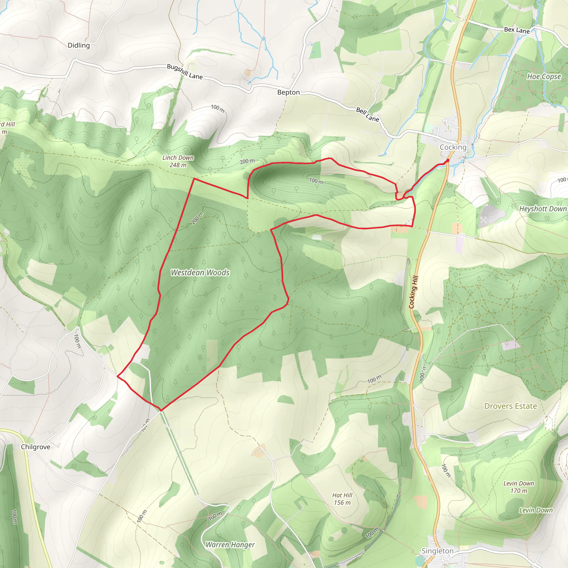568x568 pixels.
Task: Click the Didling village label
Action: (x=78, y=45)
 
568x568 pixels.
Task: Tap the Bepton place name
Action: (x=288, y=92)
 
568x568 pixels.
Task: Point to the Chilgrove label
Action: (x=35, y=447)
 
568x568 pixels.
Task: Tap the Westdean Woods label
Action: (x=200, y=273)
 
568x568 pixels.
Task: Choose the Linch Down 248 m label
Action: (x=178, y=161)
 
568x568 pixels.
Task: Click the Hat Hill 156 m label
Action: (x=342, y=499)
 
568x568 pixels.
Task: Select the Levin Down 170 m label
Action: (x=519, y=487)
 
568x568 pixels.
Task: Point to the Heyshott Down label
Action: (x=543, y=209)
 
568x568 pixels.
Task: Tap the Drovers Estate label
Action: (x=511, y=406)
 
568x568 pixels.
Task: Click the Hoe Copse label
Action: (x=544, y=77)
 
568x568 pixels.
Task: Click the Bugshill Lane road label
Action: (x=185, y=72)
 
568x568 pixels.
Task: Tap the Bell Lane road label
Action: (x=367, y=114)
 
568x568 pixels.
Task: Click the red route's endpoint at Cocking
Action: (x=447, y=160)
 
